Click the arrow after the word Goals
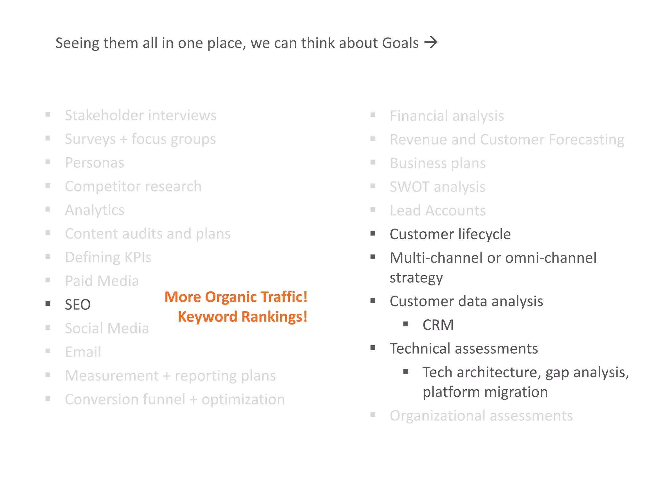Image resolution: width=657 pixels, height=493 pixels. coord(431,42)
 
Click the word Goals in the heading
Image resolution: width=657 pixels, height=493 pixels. coord(400,43)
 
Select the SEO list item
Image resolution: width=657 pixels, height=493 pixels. coord(78,305)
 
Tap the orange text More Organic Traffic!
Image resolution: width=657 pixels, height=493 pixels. coord(236,297)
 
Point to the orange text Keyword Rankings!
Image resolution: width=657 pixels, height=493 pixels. coord(243,317)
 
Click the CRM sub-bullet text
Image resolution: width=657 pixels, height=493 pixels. coord(438,325)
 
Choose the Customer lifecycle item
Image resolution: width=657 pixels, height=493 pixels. coord(450,234)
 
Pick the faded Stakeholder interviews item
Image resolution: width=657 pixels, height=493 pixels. coord(141,116)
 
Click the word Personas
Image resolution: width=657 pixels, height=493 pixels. coord(95,163)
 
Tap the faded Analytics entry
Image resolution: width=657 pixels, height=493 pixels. coord(95,210)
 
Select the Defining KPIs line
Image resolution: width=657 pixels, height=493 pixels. coord(108,257)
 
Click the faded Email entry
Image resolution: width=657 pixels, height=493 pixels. coord(83,352)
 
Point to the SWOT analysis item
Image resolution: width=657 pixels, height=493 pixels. coord(437,187)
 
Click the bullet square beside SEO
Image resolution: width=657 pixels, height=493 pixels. coord(48,304)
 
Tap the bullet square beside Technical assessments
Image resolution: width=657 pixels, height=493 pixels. coord(373,348)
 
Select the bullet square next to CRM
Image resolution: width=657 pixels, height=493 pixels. coord(406,324)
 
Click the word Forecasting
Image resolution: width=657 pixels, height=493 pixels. coord(586,140)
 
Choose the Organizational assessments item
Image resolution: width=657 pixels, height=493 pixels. coord(481,416)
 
